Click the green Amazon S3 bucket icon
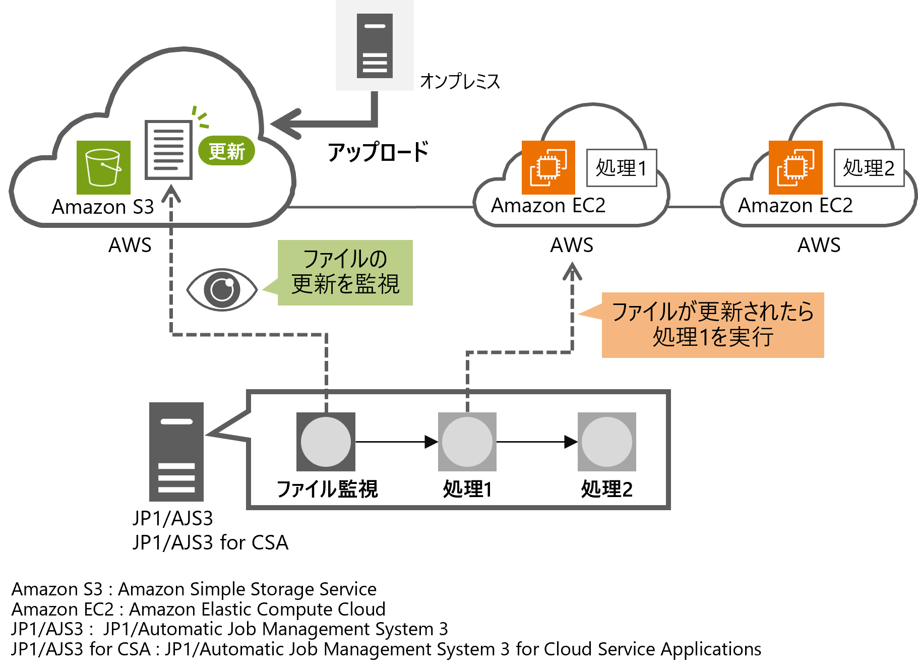(x=103, y=167)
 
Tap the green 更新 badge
(x=226, y=151)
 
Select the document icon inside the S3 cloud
(x=168, y=150)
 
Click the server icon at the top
(x=375, y=46)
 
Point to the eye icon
(x=222, y=289)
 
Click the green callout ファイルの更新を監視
(x=345, y=273)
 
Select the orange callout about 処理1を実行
(x=712, y=325)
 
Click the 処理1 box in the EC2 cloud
(x=622, y=168)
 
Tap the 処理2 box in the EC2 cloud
(x=869, y=168)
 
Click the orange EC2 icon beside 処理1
(x=548, y=167)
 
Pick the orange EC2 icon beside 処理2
(x=795, y=167)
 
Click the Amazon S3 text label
(x=103, y=207)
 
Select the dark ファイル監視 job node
(x=326, y=442)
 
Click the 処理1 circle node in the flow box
(x=467, y=442)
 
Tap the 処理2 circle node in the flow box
(x=606, y=442)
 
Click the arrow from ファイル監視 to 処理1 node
(x=396, y=442)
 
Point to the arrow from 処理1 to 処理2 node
(x=536, y=442)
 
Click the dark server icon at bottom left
(x=176, y=452)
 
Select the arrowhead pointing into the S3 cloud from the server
(x=285, y=124)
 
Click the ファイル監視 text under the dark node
(x=327, y=489)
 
